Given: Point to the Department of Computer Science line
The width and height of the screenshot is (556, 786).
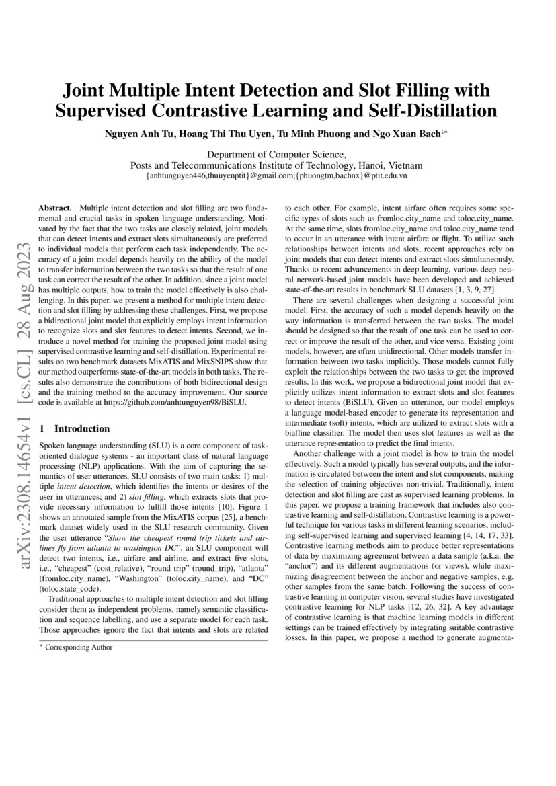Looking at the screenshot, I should pos(276,154).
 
